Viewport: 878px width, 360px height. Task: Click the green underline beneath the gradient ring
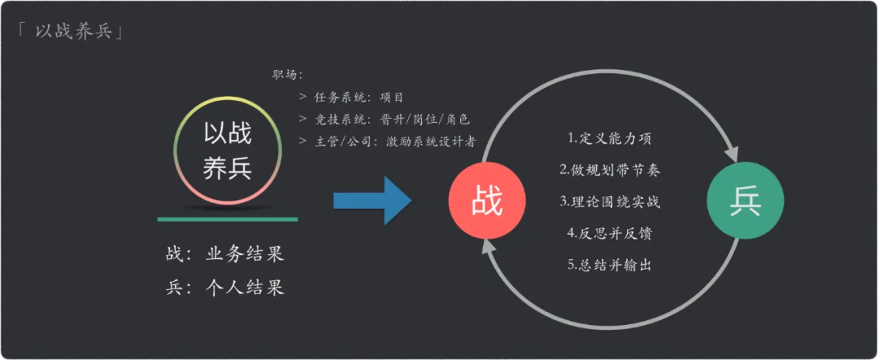tap(228, 219)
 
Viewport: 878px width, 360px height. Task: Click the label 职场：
tap(288, 76)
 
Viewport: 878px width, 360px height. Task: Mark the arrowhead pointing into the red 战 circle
tap(487, 249)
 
